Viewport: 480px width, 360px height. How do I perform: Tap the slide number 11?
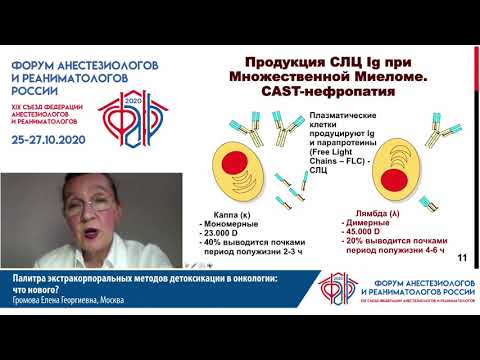(x=462, y=259)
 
